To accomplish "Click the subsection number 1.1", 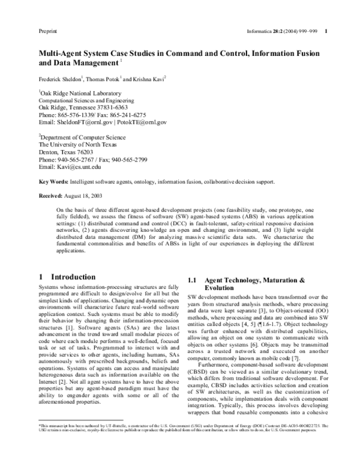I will [x=193, y=280].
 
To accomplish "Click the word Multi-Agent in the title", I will [x=63, y=53].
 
